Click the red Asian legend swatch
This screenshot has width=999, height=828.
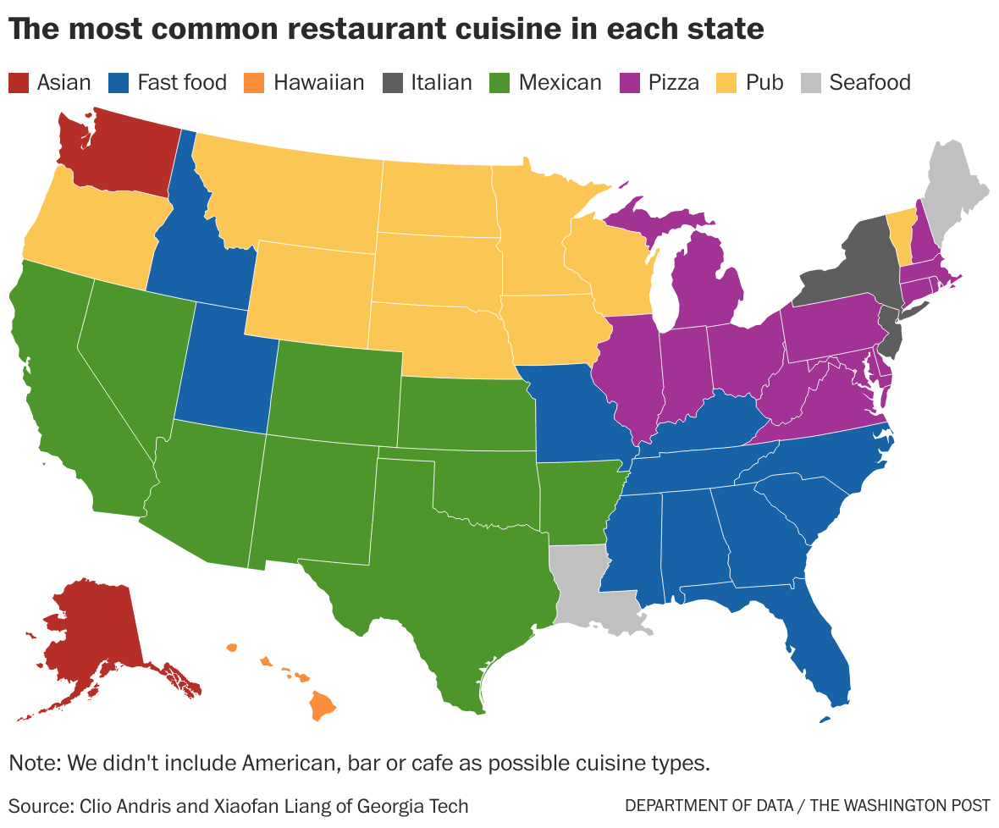[19, 83]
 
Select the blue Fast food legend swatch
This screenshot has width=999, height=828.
[119, 83]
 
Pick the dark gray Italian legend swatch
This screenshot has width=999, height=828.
[393, 83]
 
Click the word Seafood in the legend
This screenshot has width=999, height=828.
[869, 83]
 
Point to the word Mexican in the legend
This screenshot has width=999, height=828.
[560, 83]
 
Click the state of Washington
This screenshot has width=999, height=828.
[119, 152]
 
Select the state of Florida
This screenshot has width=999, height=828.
[813, 643]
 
